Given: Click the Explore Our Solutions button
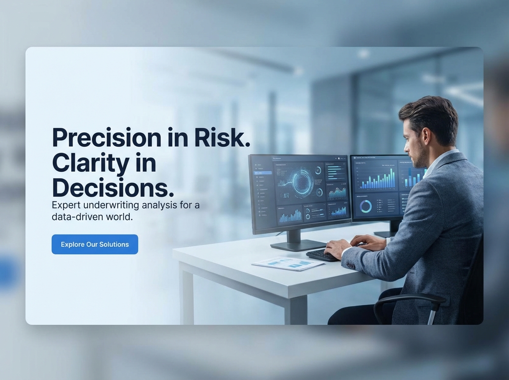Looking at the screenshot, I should click(x=95, y=244).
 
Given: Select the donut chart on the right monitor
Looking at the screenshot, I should click(x=366, y=206).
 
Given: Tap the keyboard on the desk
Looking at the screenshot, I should click(x=323, y=255).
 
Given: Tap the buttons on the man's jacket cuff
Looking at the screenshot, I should click(x=352, y=265).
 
